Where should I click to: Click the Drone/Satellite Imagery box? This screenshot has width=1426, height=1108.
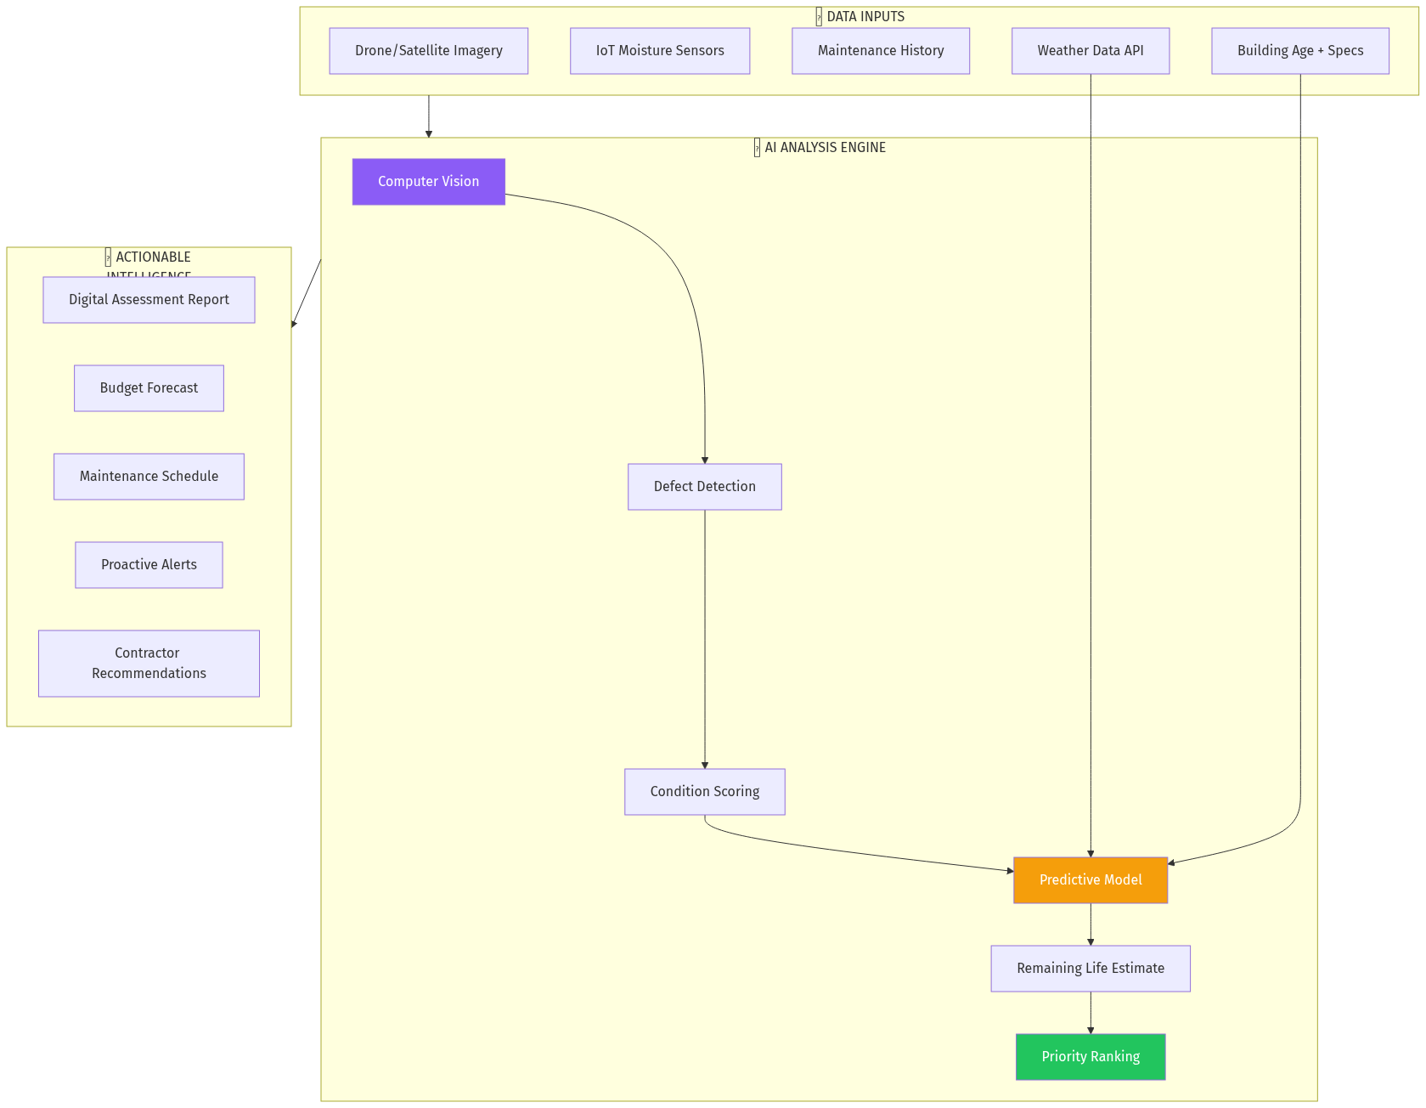click(428, 51)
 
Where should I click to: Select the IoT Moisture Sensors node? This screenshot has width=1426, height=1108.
click(659, 51)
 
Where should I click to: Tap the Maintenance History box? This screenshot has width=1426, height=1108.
click(880, 51)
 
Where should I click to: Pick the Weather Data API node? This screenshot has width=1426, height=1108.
click(1090, 51)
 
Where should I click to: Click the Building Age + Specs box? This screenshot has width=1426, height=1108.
click(1299, 51)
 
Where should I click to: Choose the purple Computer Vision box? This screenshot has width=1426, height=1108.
click(428, 182)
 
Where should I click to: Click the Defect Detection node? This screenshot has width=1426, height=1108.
click(704, 487)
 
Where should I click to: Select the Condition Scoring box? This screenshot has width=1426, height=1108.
click(704, 792)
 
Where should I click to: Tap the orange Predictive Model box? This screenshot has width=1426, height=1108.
click(1090, 880)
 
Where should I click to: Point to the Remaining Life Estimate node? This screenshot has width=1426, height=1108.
click(1090, 969)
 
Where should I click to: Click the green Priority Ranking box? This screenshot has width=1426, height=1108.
click(1090, 1057)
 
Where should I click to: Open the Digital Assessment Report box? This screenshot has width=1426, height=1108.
click(149, 300)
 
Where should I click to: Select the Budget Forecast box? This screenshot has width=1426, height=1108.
click(149, 388)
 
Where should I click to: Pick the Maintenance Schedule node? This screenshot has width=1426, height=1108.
click(149, 477)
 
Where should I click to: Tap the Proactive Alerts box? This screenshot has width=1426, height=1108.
click(149, 565)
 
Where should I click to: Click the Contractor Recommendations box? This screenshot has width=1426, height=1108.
click(149, 664)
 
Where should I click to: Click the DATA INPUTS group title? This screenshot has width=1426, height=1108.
click(865, 17)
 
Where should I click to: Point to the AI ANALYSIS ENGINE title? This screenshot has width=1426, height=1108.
click(824, 148)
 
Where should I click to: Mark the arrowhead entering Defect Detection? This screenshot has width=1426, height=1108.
click(704, 460)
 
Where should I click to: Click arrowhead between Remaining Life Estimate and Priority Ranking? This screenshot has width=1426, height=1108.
click(1091, 1030)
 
